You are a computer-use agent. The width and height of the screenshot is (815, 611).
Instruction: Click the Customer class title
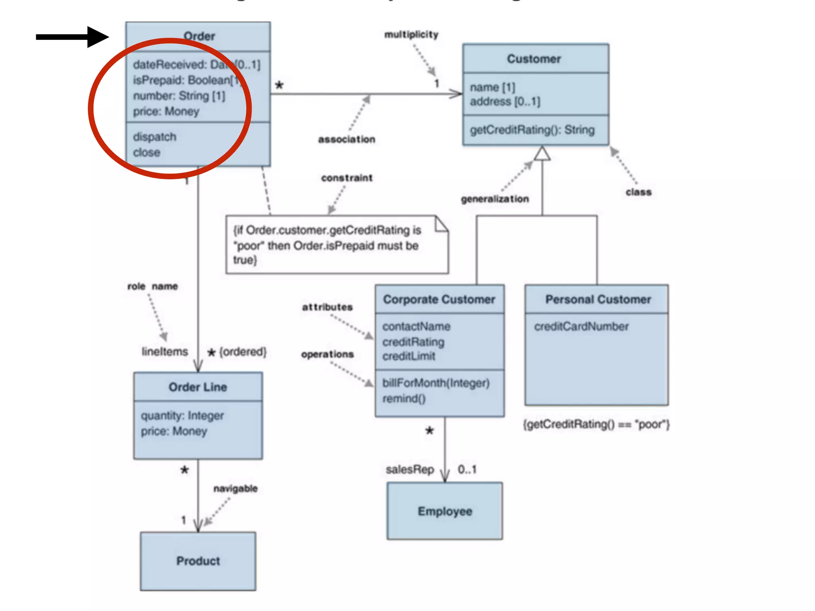pyautogui.click(x=534, y=59)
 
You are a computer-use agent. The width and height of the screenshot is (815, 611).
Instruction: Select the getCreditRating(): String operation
pyautogui.click(x=532, y=130)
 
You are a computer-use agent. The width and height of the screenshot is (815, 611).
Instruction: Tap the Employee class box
pyautogui.click(x=445, y=511)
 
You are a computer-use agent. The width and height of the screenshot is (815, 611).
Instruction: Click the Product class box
pyautogui.click(x=198, y=561)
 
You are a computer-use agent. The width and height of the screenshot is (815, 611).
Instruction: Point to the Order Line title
pyautogui.click(x=198, y=387)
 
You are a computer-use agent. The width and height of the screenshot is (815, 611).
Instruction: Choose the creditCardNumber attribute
pyautogui.click(x=581, y=327)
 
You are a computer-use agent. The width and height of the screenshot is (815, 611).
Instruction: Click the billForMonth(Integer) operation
pyautogui.click(x=436, y=383)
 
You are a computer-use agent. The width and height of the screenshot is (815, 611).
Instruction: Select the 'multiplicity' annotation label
pyautogui.click(x=411, y=35)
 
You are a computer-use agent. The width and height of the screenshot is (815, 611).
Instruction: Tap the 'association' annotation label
pyautogui.click(x=347, y=139)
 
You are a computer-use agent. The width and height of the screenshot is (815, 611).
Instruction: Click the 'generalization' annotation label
pyautogui.click(x=495, y=199)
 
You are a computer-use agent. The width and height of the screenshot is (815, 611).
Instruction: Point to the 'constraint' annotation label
pyautogui.click(x=347, y=178)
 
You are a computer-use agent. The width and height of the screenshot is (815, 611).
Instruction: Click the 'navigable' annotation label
pyautogui.click(x=235, y=488)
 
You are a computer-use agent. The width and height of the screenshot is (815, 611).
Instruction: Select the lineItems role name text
pyautogui.click(x=165, y=352)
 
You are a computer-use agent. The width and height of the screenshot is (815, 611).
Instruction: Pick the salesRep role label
pyautogui.click(x=409, y=470)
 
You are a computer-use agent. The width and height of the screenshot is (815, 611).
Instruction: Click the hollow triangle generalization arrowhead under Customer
pyautogui.click(x=542, y=154)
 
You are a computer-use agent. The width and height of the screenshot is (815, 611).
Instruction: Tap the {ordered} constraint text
pyautogui.click(x=243, y=352)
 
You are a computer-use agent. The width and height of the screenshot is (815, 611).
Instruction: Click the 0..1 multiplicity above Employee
pyautogui.click(x=467, y=470)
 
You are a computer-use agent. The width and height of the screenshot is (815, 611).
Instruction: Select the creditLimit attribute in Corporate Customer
pyautogui.click(x=409, y=356)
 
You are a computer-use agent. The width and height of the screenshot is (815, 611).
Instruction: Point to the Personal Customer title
pyautogui.click(x=598, y=300)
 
